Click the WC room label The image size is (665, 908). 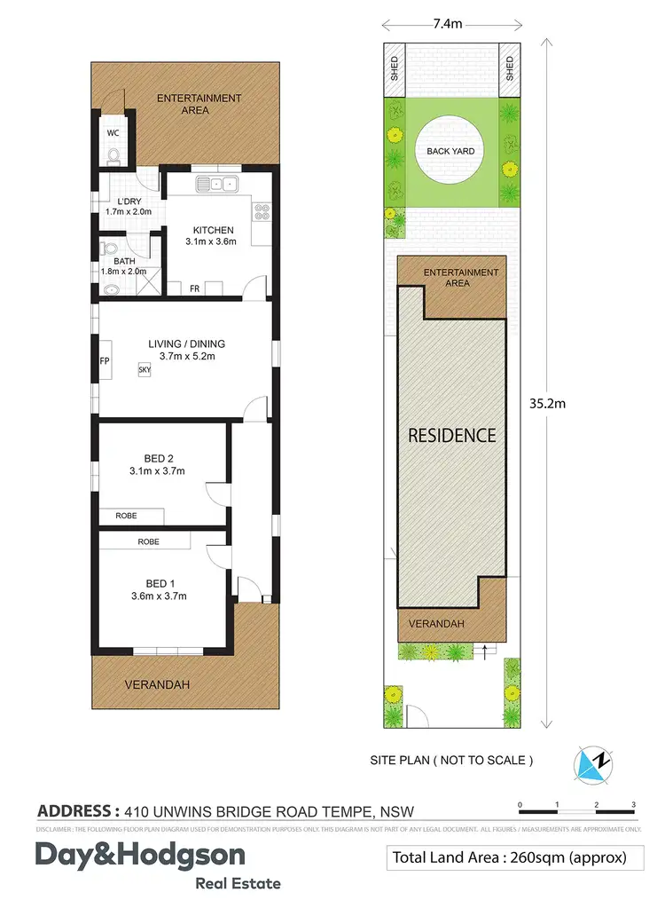tap(113, 132)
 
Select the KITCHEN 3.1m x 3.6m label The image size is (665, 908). tap(213, 235)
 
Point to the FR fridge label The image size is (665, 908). tap(194, 288)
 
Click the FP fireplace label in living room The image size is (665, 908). tap(104, 361)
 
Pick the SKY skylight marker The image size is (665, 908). tap(144, 370)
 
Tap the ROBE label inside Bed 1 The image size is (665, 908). tap(148, 541)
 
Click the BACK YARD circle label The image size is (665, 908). tap(450, 151)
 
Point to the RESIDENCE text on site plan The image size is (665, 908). tap(451, 436)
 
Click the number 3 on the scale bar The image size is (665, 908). tap(633, 804)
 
